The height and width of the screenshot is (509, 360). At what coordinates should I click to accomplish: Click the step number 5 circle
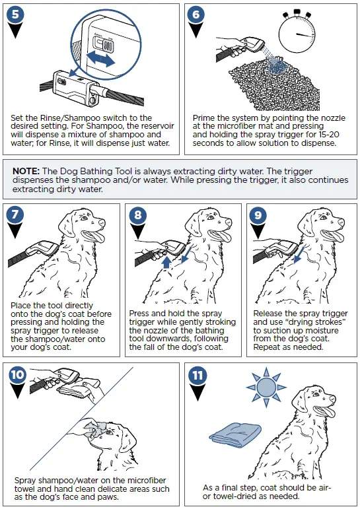tap(16, 15)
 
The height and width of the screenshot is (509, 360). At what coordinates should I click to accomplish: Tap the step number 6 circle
tap(196, 15)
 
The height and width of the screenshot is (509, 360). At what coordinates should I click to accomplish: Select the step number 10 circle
tap(18, 374)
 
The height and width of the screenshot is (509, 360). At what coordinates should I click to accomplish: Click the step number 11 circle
tap(198, 375)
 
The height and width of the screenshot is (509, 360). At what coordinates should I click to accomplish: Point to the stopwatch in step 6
tap(297, 32)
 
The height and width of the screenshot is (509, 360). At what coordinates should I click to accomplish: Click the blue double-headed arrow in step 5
tap(101, 59)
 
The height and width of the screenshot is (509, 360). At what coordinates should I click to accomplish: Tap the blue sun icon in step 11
tap(266, 388)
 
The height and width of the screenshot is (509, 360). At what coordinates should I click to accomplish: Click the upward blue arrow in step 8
tap(166, 262)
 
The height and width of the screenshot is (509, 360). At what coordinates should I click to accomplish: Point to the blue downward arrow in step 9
tap(299, 255)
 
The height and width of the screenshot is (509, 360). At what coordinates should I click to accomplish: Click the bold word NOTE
tap(26, 171)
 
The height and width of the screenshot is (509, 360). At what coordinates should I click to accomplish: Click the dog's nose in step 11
tap(332, 398)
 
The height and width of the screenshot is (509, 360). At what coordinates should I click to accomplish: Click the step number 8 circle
tap(138, 215)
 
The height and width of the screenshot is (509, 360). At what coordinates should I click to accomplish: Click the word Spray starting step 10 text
tap(25, 481)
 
